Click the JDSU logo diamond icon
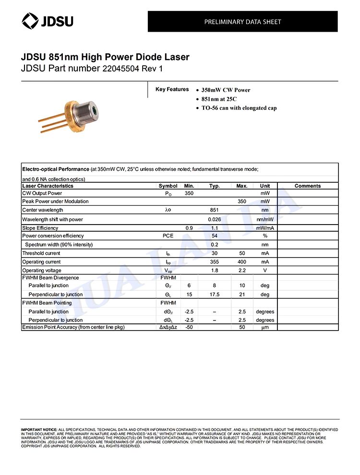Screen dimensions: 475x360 tap(30, 21)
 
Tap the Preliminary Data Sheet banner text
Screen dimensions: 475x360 tap(242, 22)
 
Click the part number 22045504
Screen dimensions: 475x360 tap(120, 69)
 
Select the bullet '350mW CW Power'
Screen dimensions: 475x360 tap(226, 90)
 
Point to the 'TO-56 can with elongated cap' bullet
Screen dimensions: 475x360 tap(239, 108)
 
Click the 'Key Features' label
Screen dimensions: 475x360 tap(172, 90)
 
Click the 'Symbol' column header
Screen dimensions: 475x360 tap(168, 186)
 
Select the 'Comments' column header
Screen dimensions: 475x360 tap(308, 186)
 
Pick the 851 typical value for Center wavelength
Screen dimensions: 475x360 tap(215, 210)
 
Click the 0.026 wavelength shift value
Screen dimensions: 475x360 tap(215, 219)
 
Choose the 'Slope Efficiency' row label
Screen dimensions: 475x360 tap(40, 228)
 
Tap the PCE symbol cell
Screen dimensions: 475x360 tap(168, 236)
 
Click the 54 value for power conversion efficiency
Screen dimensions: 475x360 tap(215, 236)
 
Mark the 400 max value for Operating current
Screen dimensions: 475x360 tap(242, 262)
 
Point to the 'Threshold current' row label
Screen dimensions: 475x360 tap(41, 253)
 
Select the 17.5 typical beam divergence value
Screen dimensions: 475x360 tap(215, 295)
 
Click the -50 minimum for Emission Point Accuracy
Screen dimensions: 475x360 tap(189, 327)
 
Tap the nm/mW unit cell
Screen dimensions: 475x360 tap(265, 219)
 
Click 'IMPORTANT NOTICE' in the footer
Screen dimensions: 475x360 tap(39, 429)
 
